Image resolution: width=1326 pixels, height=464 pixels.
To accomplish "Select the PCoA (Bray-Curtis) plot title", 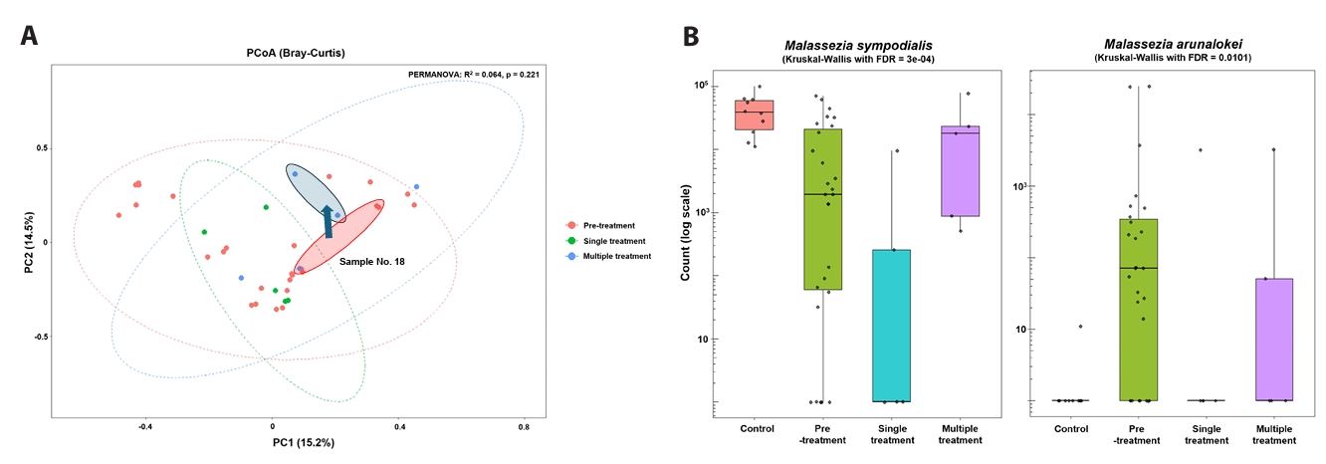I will click(x=296, y=53).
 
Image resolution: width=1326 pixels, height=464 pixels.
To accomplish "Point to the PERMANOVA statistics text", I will click(x=473, y=75).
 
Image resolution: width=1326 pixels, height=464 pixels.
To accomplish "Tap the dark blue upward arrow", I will click(x=328, y=221).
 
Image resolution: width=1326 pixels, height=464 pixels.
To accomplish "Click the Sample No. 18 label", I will click(x=370, y=261).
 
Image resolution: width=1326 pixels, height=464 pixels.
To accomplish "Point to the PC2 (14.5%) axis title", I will click(x=29, y=242).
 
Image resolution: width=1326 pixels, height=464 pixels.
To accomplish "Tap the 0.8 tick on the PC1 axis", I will click(x=524, y=425).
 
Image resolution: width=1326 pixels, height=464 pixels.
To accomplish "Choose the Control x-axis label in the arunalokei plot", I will click(x=1071, y=429).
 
